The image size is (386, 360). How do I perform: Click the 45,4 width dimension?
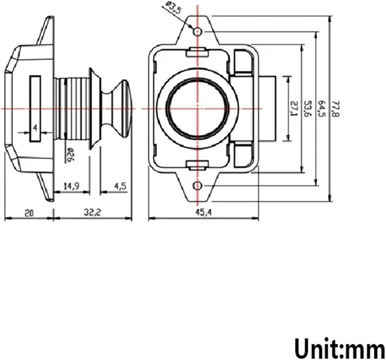(203, 212)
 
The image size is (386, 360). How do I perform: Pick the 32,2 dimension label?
(93, 212)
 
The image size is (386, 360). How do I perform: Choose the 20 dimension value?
(29, 213)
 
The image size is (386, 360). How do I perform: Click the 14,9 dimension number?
(71, 186)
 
